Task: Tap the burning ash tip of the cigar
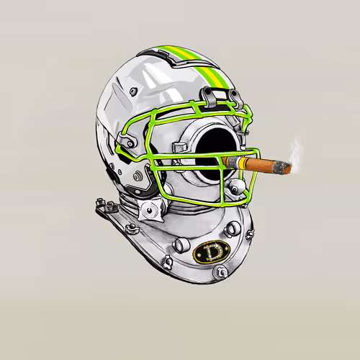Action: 284,167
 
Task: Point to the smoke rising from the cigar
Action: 295,150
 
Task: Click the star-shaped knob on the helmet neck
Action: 150,210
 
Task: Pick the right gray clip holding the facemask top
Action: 236,99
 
